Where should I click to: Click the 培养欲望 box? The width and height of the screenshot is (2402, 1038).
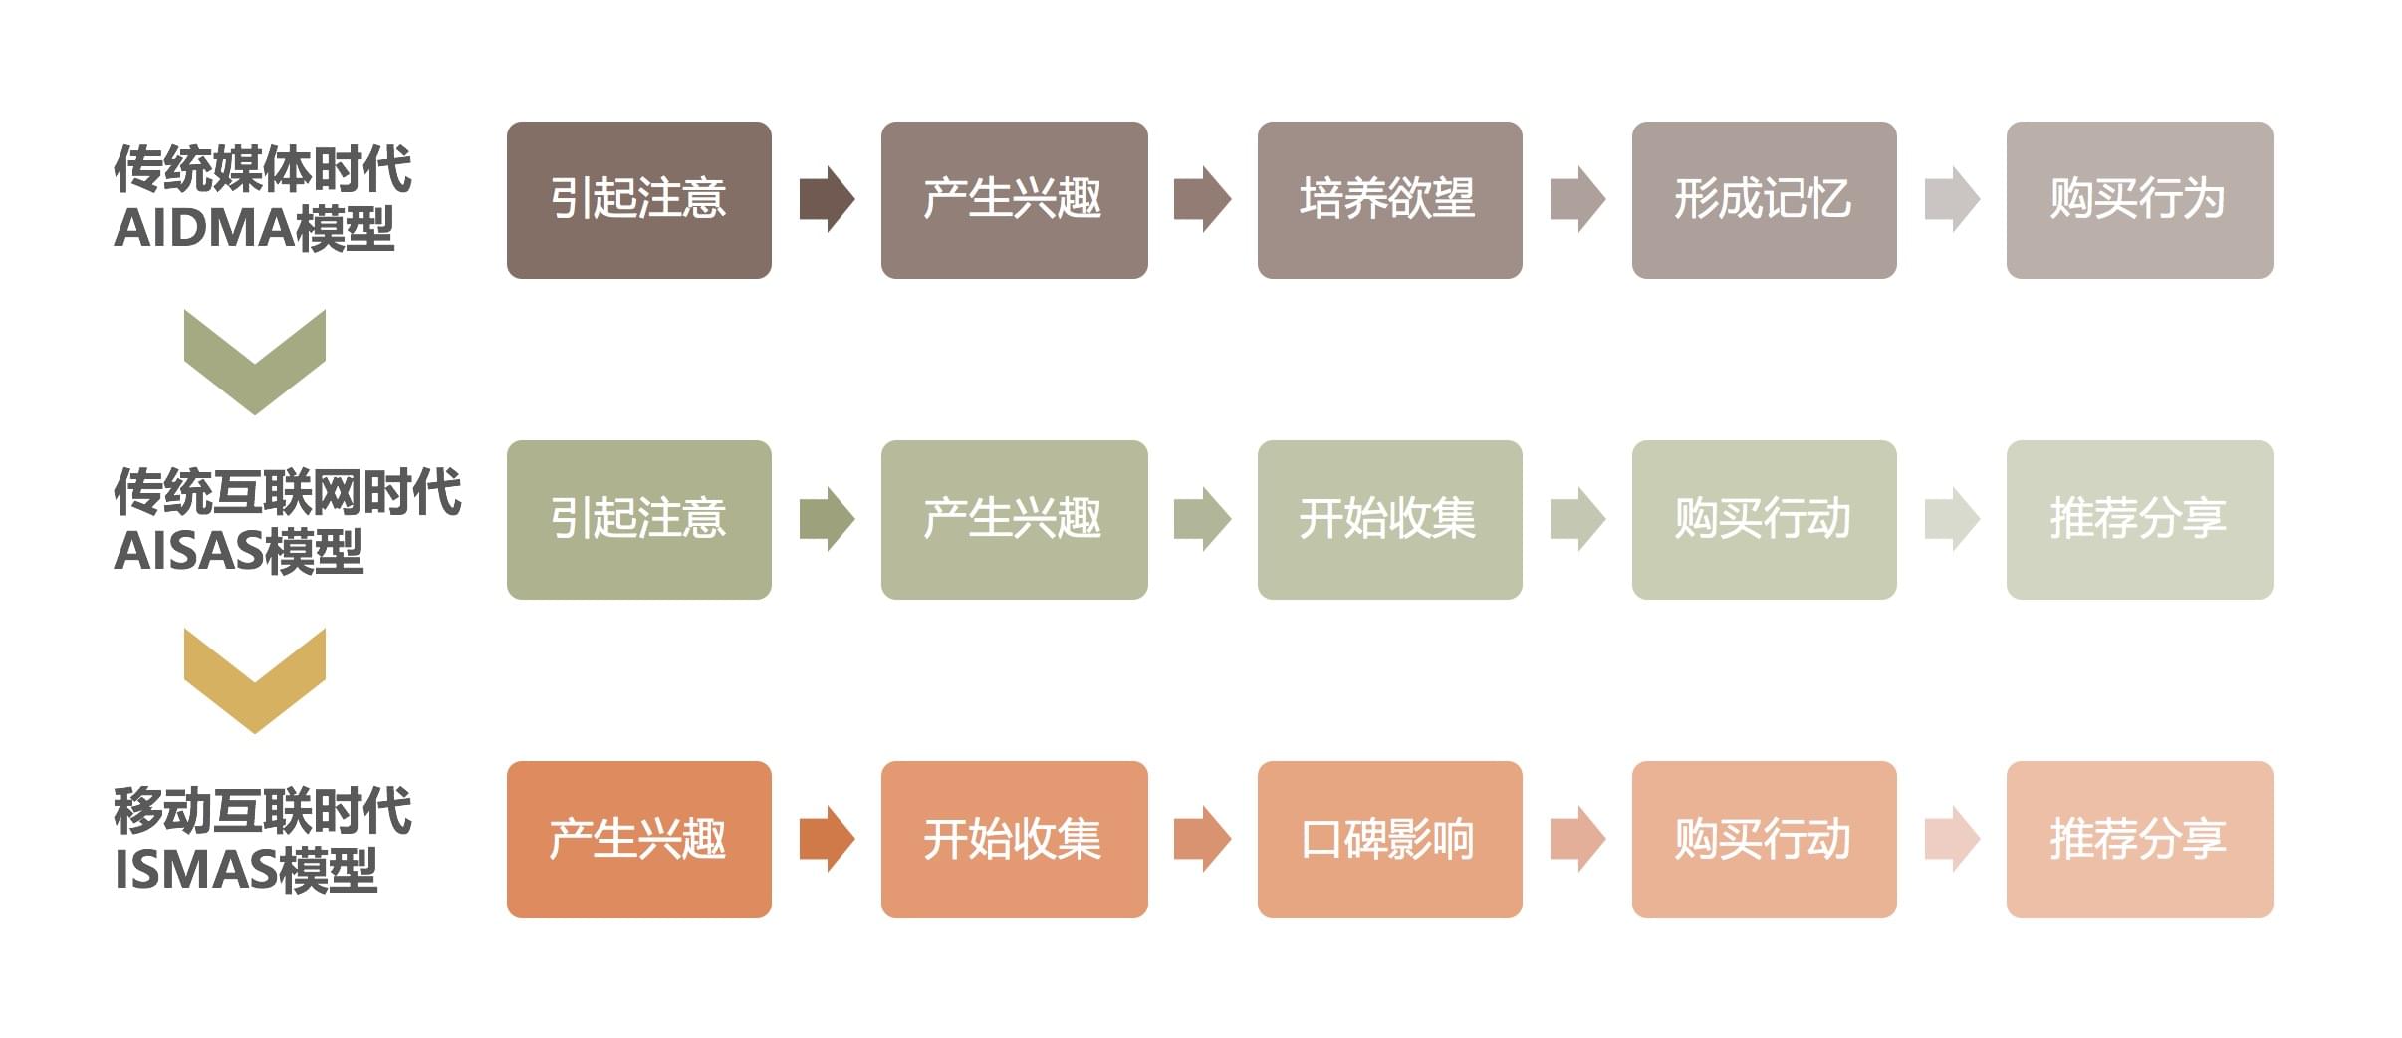(1389, 200)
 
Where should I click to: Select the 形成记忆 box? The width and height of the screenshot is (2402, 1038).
(1764, 200)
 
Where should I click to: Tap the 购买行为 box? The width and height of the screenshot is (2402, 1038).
(2139, 200)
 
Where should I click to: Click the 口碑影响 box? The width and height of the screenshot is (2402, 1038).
(1389, 840)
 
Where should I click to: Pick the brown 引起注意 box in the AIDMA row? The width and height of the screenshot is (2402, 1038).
(638, 200)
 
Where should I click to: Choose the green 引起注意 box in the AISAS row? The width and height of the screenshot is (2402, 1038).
(638, 520)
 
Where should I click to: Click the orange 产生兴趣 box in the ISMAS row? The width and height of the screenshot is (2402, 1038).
(638, 840)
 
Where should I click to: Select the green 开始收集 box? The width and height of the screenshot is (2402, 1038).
(1389, 520)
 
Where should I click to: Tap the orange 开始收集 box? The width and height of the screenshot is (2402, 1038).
(1014, 840)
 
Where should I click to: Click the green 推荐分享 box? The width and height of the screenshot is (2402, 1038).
(2139, 520)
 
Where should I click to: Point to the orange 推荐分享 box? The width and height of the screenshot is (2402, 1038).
(2139, 840)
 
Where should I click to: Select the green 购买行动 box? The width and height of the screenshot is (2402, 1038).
(1764, 520)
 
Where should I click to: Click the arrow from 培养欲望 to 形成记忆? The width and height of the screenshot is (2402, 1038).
(1577, 199)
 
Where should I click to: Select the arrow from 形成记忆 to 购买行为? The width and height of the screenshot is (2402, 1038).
(1952, 199)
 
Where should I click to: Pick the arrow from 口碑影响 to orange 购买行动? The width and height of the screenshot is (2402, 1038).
(1577, 839)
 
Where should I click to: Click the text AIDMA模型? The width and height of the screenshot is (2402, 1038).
(255, 229)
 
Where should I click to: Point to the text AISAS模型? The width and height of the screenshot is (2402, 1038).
(239, 551)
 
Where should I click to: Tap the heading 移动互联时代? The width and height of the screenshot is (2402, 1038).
(262, 810)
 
